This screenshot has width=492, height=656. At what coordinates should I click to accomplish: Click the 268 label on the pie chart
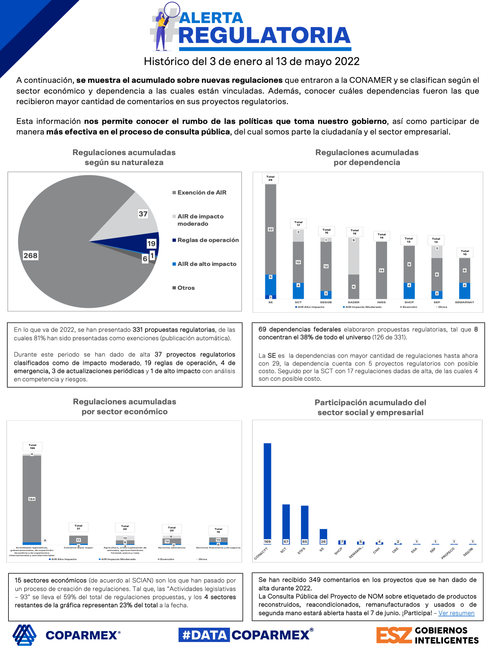31,255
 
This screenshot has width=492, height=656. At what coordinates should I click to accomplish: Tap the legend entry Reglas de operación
208,240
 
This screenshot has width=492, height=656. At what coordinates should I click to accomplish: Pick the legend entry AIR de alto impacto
206,264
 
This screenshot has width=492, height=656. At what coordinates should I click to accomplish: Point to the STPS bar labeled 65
304,524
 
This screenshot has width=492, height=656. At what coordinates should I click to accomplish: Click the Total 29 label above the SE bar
270,178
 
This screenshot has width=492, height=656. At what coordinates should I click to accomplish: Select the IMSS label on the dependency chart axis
381,302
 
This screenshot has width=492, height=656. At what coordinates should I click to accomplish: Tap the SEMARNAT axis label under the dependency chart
464,302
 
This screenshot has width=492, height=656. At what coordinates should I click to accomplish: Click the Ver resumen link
456,613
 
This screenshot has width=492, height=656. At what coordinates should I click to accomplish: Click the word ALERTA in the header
211,18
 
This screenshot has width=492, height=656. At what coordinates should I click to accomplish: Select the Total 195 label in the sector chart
32,446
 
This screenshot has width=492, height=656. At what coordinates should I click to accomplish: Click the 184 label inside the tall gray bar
32,499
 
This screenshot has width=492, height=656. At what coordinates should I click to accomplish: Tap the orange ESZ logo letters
394,635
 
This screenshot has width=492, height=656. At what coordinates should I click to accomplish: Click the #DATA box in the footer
204,635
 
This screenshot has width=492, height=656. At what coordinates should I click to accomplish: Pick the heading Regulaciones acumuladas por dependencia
367,158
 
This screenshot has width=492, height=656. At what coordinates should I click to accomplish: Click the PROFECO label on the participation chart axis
448,553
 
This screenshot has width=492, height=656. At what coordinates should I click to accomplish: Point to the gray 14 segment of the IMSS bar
381,270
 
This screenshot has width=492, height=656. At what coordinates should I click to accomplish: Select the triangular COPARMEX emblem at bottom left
24,635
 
